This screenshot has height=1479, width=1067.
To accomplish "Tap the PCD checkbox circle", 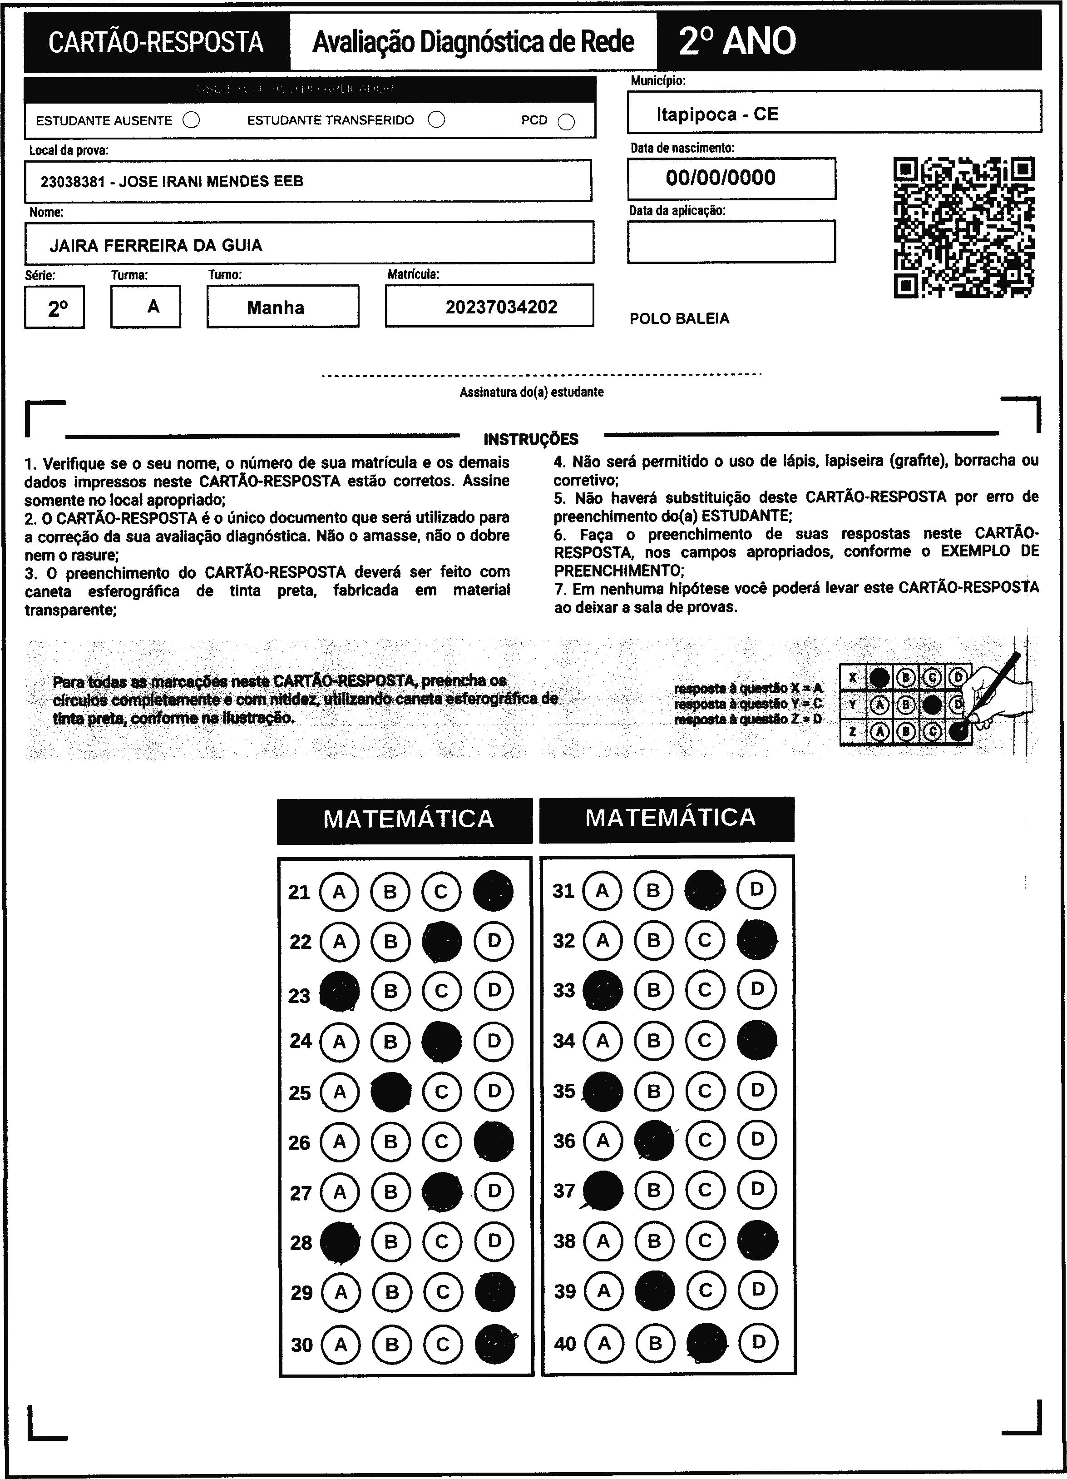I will point(566,122).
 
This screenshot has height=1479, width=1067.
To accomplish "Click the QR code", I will point(963,227).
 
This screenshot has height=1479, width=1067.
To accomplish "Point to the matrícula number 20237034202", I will point(501,307).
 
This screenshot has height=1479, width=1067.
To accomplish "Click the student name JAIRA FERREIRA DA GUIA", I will point(156,245).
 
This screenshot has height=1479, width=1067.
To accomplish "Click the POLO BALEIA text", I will point(679,319).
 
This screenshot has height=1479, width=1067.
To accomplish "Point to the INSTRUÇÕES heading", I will point(531,439).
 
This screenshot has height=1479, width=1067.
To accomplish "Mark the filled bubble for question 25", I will point(390,1092).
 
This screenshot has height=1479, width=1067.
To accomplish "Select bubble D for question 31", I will point(756,889).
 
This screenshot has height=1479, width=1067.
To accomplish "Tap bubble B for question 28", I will point(391,1241).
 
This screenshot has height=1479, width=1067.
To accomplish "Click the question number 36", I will point(564,1141).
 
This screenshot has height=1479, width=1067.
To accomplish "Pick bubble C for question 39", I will point(705,1290).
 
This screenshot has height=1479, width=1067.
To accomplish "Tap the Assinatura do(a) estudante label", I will point(531,392).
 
